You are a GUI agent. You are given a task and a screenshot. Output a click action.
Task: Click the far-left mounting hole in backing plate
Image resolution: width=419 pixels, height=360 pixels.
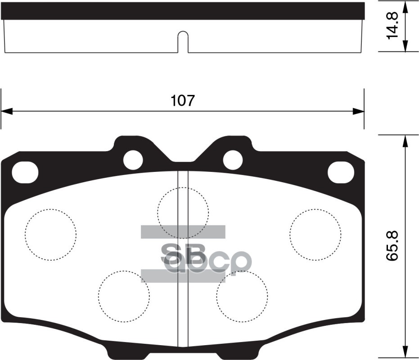tap(25, 172)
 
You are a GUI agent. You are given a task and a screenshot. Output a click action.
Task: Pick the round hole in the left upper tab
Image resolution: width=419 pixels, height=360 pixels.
tap(133, 159)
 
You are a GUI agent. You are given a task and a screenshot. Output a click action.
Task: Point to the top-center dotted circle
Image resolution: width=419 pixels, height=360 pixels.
tap(183, 212)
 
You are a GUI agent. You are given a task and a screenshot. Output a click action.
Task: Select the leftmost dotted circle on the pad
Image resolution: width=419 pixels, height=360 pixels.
tap(50, 235)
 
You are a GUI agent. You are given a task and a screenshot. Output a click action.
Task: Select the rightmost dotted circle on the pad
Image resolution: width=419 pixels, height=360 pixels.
tap(315, 235)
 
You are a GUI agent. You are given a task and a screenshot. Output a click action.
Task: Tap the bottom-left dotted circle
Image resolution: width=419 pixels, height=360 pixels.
tap(124, 296)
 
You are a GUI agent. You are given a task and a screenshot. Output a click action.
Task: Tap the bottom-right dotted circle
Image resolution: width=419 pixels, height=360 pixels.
tap(242, 296)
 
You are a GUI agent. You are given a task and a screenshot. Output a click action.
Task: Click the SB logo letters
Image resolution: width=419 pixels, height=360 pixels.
tap(183, 254)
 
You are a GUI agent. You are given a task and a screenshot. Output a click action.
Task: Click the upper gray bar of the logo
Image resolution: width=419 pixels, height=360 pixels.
tap(183, 231)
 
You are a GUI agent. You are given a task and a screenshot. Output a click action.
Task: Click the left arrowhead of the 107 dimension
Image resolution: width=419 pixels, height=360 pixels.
tap(6, 111)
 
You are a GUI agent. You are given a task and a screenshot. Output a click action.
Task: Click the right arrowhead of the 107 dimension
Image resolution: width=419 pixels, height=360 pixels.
tap(358, 111)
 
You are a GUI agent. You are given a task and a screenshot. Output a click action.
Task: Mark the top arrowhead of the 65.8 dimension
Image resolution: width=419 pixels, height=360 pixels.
tap(405, 141)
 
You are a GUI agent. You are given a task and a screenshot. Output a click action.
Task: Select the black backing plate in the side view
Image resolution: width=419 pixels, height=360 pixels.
tap(182, 11)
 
